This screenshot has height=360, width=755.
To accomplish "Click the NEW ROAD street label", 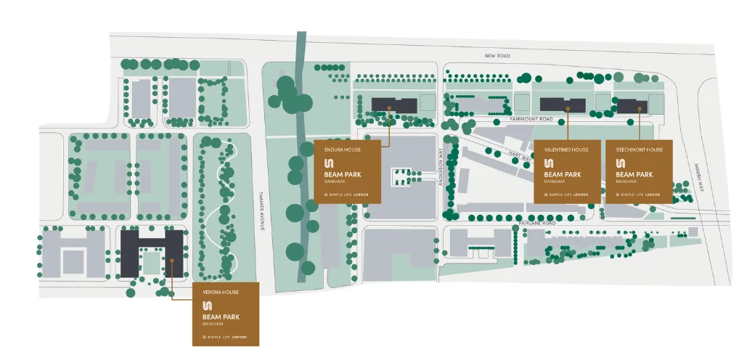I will coord(498,55).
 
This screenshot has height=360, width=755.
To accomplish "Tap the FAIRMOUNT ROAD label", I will coord(531,118).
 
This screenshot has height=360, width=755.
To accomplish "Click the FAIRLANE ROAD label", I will coord(537,223).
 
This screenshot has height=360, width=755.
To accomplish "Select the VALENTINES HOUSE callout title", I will coord(566,150).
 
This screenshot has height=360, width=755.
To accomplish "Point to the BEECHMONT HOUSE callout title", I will coord(639,150).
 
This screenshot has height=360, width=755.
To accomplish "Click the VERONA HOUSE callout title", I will coord(221,292).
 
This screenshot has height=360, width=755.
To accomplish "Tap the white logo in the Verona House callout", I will coord(208,306).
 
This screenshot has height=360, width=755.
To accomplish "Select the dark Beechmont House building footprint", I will coord(632,105).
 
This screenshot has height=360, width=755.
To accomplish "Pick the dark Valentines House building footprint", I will coord(563,104).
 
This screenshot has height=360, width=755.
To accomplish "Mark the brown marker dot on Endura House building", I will coord(390,108).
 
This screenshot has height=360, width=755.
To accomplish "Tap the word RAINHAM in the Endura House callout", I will coord(335,181).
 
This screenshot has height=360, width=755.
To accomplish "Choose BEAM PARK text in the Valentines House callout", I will coord(563,175).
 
